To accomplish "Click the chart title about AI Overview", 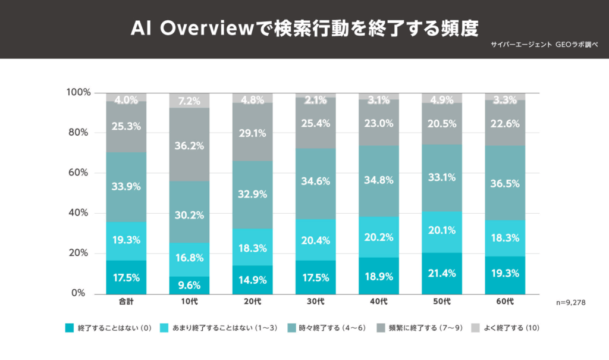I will tap(304, 28).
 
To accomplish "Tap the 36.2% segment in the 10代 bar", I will tap(189, 145).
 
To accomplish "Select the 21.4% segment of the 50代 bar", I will tap(442, 273).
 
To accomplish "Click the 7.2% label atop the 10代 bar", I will tap(189, 101).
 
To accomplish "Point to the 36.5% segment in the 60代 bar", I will tap(505, 184).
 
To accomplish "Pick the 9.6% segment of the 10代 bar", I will tap(189, 285).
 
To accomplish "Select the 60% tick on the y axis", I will tap(79, 173).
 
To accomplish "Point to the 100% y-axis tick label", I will tap(79, 92).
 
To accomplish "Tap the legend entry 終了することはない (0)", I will tap(111, 328).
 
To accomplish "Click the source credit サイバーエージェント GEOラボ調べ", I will tap(546, 45).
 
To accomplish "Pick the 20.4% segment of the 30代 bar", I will tap(316, 240).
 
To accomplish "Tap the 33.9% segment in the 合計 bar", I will tap(126, 186).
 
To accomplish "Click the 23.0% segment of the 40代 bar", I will tap(379, 124).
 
